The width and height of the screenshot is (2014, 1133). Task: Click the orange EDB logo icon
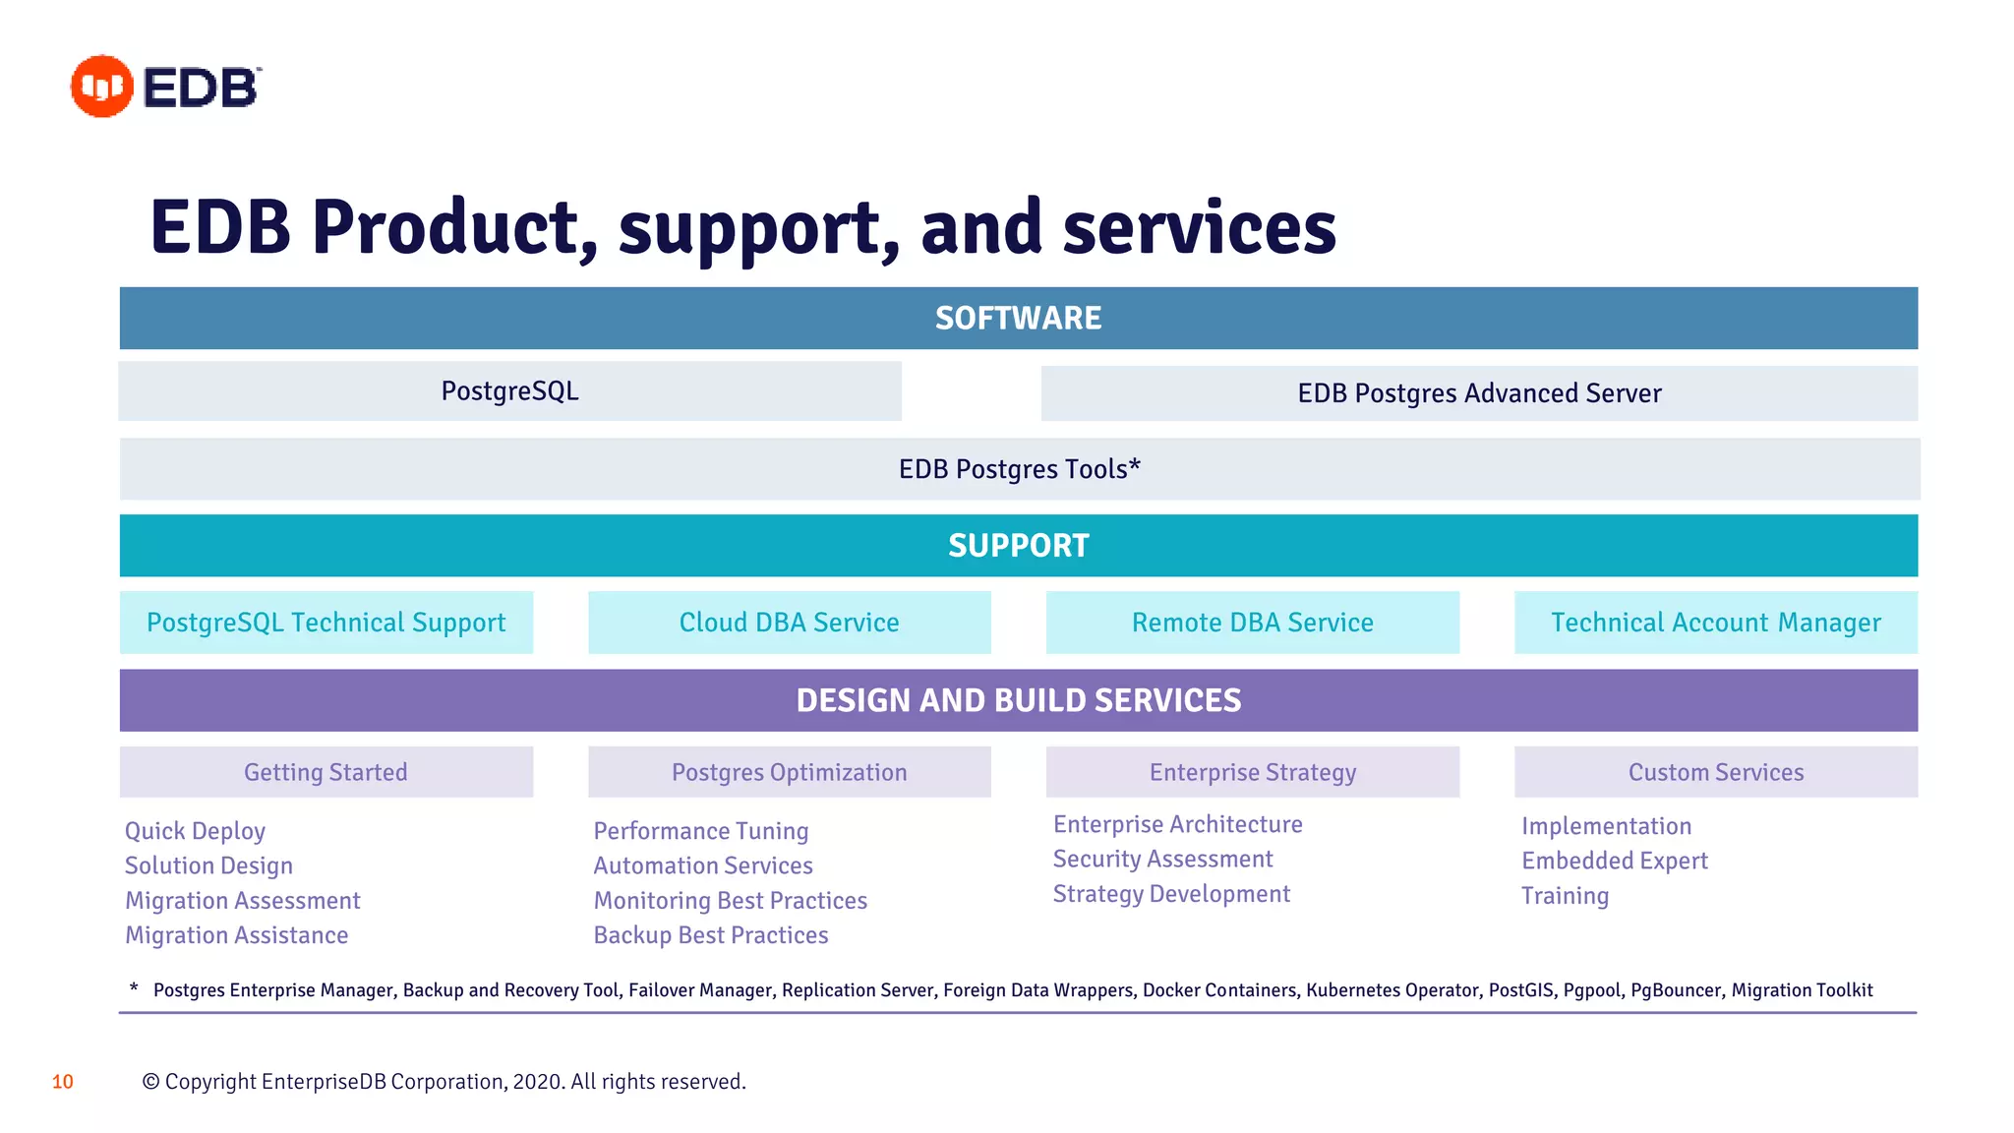(x=101, y=87)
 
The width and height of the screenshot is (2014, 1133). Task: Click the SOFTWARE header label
(x=1018, y=319)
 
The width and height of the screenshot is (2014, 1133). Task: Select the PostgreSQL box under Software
(x=509, y=391)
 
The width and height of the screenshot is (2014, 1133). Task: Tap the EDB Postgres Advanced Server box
(x=1479, y=393)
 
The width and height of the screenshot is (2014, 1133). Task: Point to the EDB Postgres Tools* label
(x=1019, y=469)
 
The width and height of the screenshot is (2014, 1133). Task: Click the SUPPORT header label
(x=1018, y=546)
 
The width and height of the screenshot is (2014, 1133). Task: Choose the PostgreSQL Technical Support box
(x=326, y=623)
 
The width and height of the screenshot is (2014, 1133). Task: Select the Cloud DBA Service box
(x=789, y=623)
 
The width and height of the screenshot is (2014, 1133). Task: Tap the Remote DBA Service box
(x=1252, y=623)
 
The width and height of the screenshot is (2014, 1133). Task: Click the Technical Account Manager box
(x=1716, y=623)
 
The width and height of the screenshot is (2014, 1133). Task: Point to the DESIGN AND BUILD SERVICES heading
(x=1018, y=700)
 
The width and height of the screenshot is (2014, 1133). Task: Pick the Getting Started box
(x=326, y=772)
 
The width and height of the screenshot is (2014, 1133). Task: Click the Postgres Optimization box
(x=789, y=772)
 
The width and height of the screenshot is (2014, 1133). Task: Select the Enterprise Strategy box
(x=1252, y=772)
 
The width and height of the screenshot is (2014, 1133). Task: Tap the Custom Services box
(x=1716, y=772)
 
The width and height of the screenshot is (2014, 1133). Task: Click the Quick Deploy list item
(x=195, y=831)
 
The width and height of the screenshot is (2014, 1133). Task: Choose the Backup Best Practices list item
(x=711, y=935)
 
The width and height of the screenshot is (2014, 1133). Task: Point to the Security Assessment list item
(x=1162, y=860)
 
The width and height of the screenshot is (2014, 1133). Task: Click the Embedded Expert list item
(x=1614, y=862)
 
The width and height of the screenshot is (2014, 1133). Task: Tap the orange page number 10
(x=63, y=1082)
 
